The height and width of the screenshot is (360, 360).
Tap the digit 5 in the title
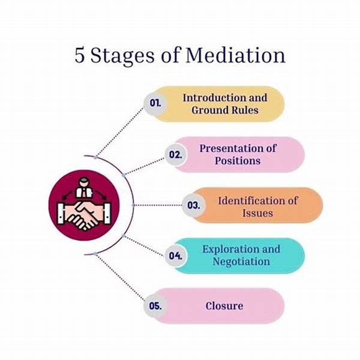coord(80,55)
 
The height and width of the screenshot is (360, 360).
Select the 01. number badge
coord(155,103)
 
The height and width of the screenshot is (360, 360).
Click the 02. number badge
coord(175,154)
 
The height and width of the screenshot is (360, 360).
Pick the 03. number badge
coord(193,205)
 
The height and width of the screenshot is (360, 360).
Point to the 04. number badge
coord(175,255)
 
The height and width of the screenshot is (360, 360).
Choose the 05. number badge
coord(155,305)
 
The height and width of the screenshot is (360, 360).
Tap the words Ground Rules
coord(225,110)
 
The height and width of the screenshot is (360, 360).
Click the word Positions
coord(238,161)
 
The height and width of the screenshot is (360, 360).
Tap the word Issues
coord(259,212)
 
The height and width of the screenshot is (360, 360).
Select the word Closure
coord(224,305)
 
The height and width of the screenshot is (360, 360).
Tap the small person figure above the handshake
coord(85,186)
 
